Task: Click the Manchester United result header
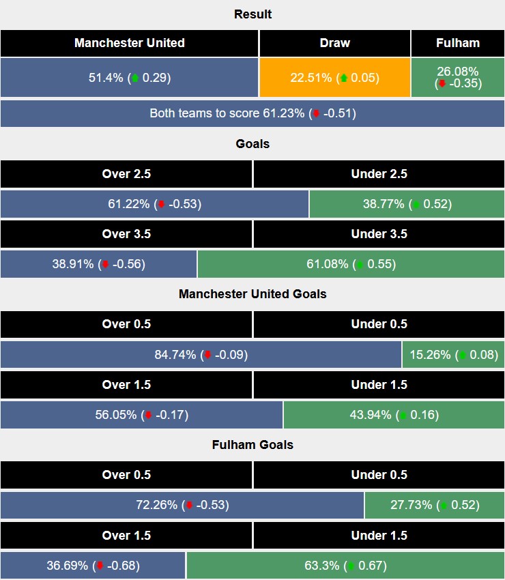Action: pyautogui.click(x=130, y=43)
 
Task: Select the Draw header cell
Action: pyautogui.click(x=334, y=43)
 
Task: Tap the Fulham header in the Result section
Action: pyautogui.click(x=458, y=43)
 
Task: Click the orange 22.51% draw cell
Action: pyautogui.click(x=334, y=78)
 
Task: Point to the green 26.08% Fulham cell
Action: pyautogui.click(x=458, y=78)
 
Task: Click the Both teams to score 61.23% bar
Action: pyautogui.click(x=252, y=113)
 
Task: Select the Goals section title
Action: pyautogui.click(x=252, y=144)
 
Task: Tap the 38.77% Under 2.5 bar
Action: pyautogui.click(x=407, y=204)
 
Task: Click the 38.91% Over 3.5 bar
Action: pyautogui.click(x=98, y=264)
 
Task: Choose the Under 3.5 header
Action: pyautogui.click(x=379, y=234)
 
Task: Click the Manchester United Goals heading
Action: pyautogui.click(x=252, y=294)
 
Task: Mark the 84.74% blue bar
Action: pyautogui.click(x=201, y=355)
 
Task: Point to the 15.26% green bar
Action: pyautogui.click(x=454, y=355)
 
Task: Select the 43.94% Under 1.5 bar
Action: pyautogui.click(x=394, y=415)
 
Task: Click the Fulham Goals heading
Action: pyautogui.click(x=252, y=445)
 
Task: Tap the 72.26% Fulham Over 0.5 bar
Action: pyautogui.click(x=182, y=505)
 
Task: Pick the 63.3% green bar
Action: pyautogui.click(x=345, y=566)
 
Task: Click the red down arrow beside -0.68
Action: pyautogui.click(x=100, y=566)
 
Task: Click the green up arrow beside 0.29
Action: pyautogui.click(x=135, y=78)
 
